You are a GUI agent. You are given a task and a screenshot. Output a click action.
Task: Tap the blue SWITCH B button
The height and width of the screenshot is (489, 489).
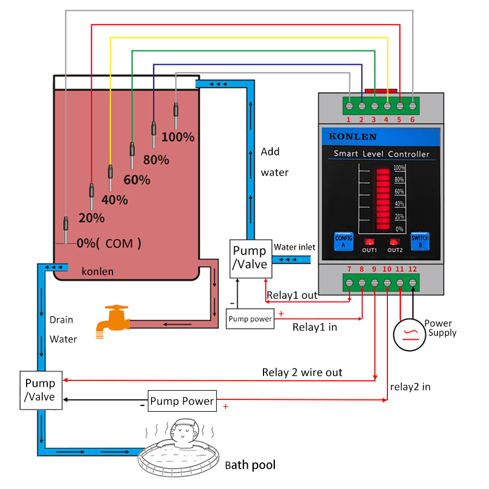pyautogui.click(x=420, y=241)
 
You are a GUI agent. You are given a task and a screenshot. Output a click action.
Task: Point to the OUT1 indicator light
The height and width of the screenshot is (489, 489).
pyautogui.click(x=369, y=242)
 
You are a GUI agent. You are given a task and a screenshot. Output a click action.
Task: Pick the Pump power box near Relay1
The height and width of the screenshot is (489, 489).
pyautogui.click(x=250, y=319)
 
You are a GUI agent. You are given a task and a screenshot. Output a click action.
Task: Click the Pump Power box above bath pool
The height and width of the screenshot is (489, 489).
pyautogui.click(x=182, y=401)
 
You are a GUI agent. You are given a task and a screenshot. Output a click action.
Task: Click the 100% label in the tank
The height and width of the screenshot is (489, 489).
pyautogui.click(x=178, y=137)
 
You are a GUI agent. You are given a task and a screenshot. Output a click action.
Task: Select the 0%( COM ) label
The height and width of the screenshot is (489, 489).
pyautogui.click(x=108, y=243)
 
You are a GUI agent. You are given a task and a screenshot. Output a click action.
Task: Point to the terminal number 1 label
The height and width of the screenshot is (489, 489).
pyautogui.click(x=348, y=120)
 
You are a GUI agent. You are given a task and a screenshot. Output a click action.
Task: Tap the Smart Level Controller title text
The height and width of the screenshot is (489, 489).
pyautogui.click(x=381, y=154)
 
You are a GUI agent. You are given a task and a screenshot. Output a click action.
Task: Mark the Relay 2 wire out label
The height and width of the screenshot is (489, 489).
pyautogui.click(x=302, y=372)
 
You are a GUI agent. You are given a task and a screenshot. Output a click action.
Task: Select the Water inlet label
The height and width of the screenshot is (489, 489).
pyautogui.click(x=294, y=247)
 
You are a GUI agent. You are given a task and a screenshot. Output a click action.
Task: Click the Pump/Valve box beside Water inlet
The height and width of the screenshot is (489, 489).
pyautogui.click(x=249, y=258)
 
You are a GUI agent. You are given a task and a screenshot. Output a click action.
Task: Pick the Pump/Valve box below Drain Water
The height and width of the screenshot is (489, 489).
pyautogui.click(x=40, y=390)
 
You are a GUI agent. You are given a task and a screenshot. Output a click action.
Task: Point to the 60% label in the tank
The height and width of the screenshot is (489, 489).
pyautogui.click(x=137, y=179)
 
